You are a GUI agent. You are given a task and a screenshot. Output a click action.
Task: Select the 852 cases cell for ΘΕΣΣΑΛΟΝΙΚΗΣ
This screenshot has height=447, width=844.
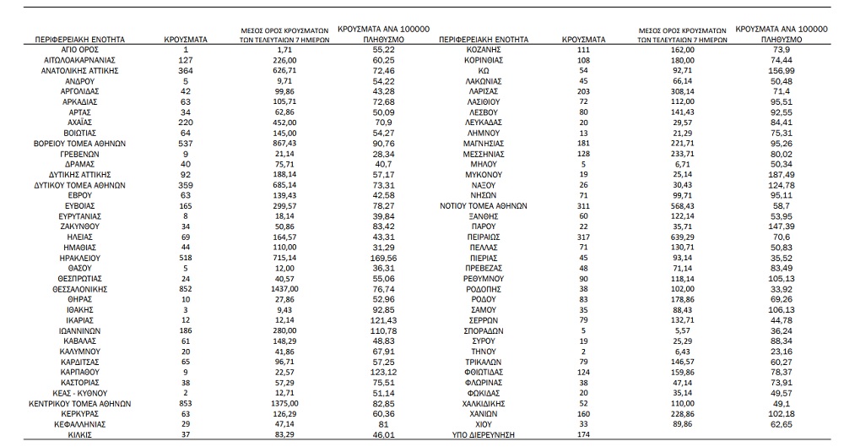pyautogui.click(x=186, y=288)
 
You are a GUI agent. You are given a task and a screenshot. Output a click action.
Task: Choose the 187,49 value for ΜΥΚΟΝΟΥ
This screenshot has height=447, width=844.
pyautogui.click(x=776, y=173)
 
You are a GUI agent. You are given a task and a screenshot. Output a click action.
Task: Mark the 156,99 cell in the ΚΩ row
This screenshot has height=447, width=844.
pyautogui.click(x=776, y=71)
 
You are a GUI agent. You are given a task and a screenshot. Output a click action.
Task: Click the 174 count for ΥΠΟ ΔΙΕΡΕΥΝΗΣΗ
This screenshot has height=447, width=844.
pyautogui.click(x=583, y=434)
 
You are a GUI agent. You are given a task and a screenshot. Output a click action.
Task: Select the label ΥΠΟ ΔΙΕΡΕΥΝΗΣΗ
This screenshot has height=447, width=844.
pyautogui.click(x=484, y=434)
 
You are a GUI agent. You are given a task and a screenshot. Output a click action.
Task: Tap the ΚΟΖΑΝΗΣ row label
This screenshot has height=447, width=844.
pyautogui.click(x=484, y=51)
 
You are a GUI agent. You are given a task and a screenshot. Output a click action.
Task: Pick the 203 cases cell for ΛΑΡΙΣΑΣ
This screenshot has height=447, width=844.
pyautogui.click(x=583, y=91)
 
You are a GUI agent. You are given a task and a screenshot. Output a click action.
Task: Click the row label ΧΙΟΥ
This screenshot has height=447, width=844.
pyautogui.click(x=484, y=424)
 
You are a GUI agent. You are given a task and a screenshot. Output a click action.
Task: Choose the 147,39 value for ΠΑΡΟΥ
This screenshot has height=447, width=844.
pyautogui.click(x=776, y=227)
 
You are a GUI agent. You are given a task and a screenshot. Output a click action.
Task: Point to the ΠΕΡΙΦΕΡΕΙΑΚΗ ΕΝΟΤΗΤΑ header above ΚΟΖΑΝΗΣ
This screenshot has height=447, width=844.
pyautogui.click(x=484, y=39)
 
